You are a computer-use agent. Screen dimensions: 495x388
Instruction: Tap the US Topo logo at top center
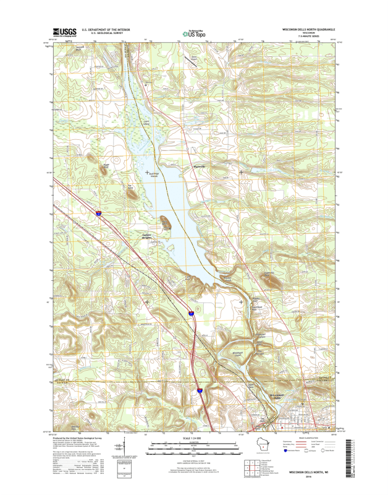point(194,33)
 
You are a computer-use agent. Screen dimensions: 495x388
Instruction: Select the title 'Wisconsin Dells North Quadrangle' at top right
point(309,29)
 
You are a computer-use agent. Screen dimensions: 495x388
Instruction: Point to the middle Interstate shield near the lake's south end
point(191,314)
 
